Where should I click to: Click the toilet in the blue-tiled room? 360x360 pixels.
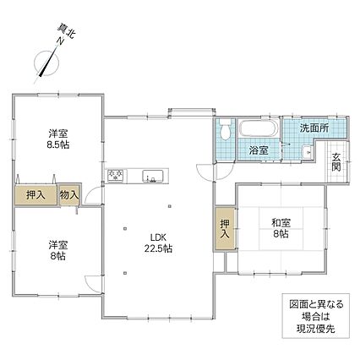[x=225, y=129]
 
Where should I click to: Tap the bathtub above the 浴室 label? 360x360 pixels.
[x=259, y=129]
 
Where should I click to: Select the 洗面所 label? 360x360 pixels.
[x=314, y=128]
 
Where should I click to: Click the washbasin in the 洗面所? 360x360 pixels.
[x=306, y=152]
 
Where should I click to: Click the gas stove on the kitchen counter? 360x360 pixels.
[x=115, y=175]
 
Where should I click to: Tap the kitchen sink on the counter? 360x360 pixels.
[x=153, y=177]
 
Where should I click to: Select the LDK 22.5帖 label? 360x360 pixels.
[x=159, y=243]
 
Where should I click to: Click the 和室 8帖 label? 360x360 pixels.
[x=281, y=228]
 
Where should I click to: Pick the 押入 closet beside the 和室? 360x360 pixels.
[x=225, y=229]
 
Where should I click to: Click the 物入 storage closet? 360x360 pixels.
[x=69, y=194]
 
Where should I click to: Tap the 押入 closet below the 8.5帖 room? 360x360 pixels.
[x=35, y=195]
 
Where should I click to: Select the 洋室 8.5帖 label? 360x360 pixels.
[x=58, y=139]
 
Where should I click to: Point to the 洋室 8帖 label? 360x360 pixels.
[x=57, y=250]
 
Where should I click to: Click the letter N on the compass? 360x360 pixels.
[x=60, y=41]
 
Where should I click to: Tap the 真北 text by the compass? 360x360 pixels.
[x=67, y=31]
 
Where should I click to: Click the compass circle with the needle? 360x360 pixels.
[x=46, y=63]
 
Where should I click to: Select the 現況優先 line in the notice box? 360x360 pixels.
[x=316, y=329]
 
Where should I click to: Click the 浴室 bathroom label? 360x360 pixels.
[x=259, y=150]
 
